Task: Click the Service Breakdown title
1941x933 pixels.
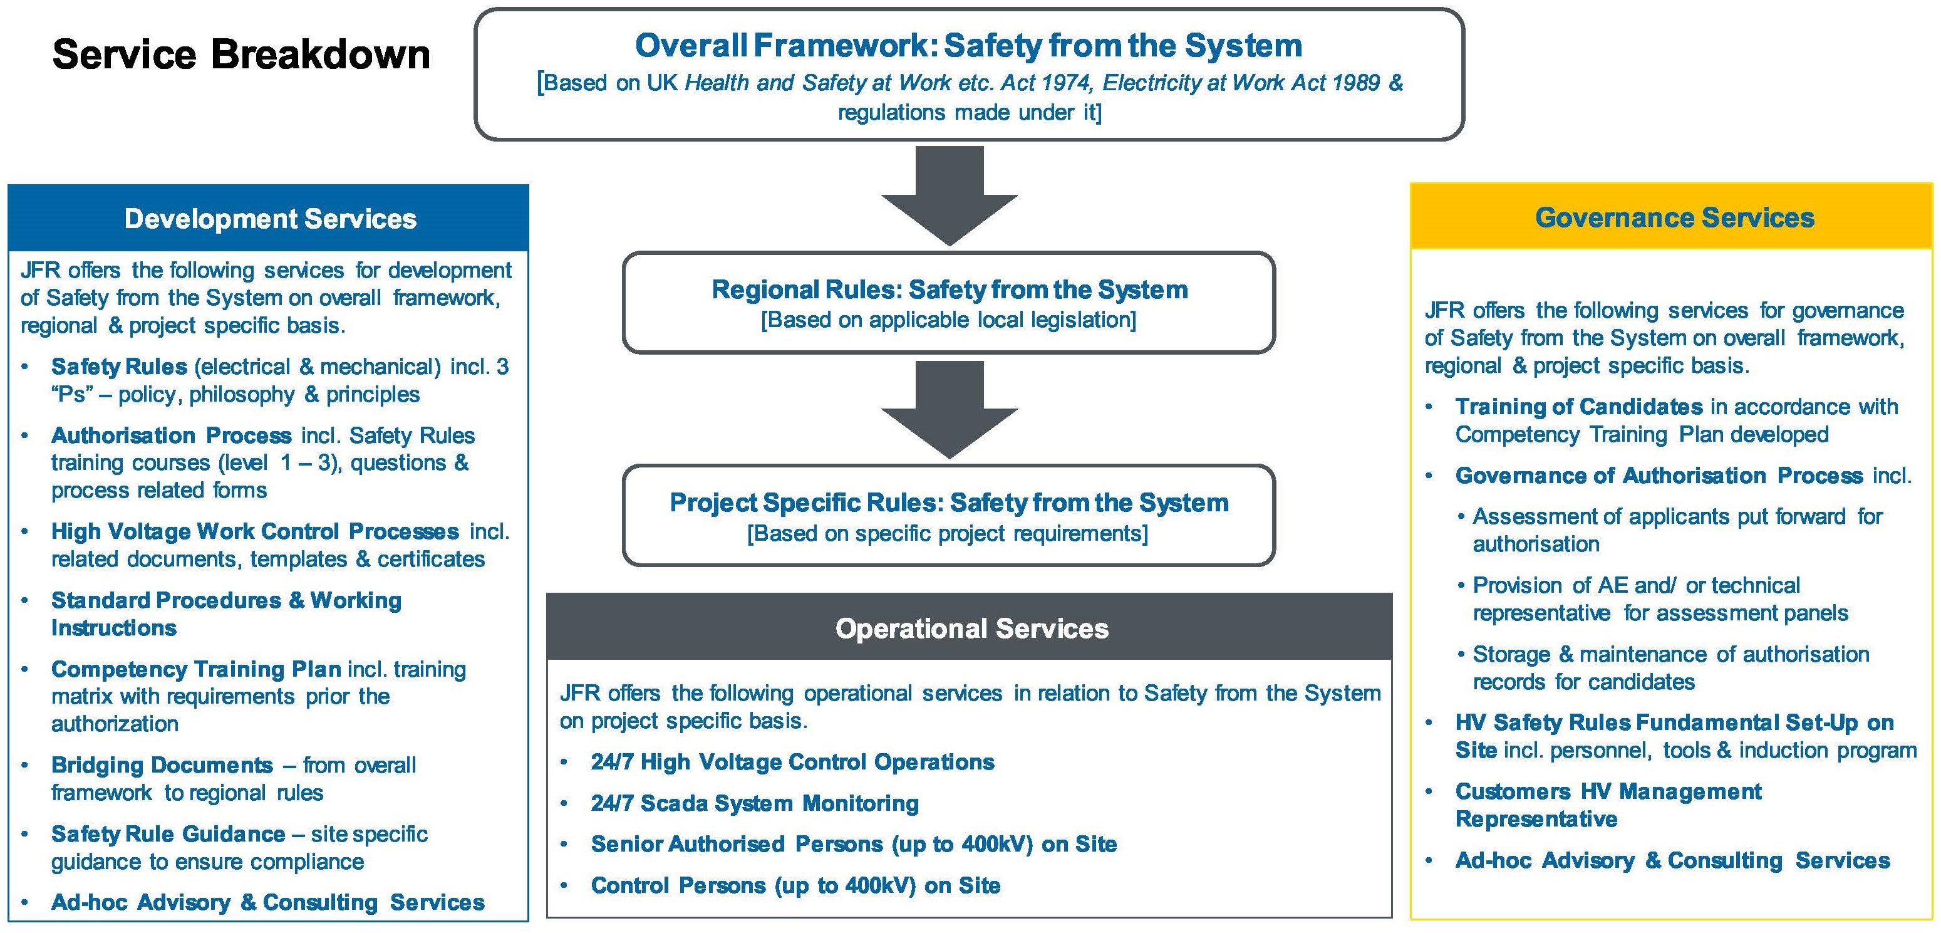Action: [241, 55]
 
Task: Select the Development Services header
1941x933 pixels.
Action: [270, 219]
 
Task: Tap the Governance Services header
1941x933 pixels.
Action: [1674, 218]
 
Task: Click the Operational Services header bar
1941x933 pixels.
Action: [971, 628]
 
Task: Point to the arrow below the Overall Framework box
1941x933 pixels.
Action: [949, 195]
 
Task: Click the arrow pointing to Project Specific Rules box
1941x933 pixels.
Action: [949, 409]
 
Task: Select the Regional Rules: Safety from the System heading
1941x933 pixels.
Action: [949, 289]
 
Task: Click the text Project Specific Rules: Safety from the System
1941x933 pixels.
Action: [949, 503]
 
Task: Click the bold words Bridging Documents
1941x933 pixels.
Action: [162, 765]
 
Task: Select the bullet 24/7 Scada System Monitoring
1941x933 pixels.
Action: [754, 803]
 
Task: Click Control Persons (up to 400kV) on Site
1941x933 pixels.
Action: [795, 885]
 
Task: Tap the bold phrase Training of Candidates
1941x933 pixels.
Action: [1578, 407]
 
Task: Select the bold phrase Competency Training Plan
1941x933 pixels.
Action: [196, 669]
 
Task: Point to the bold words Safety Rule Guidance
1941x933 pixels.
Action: [168, 834]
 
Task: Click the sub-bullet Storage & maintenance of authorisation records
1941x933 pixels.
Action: [1670, 668]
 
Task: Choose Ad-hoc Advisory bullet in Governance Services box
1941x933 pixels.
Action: [1672, 861]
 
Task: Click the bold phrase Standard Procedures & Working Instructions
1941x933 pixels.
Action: [226, 613]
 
